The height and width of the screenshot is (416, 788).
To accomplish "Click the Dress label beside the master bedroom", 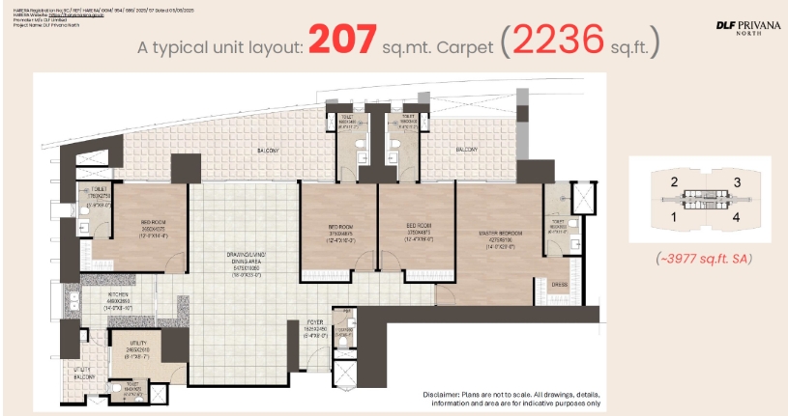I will [558, 284].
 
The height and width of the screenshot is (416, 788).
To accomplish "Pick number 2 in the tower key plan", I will [673, 181].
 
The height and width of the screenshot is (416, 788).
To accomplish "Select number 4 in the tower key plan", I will [737, 217].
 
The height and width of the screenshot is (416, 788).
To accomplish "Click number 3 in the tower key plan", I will [737, 181].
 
